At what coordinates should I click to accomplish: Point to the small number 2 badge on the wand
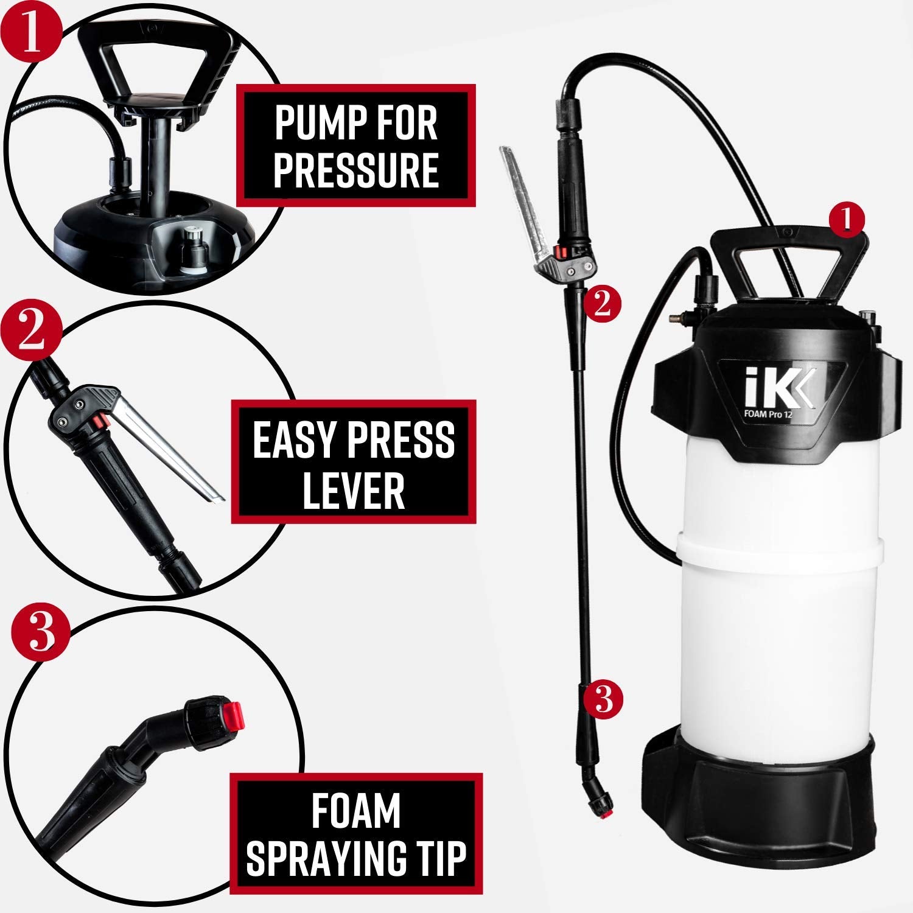602,303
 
